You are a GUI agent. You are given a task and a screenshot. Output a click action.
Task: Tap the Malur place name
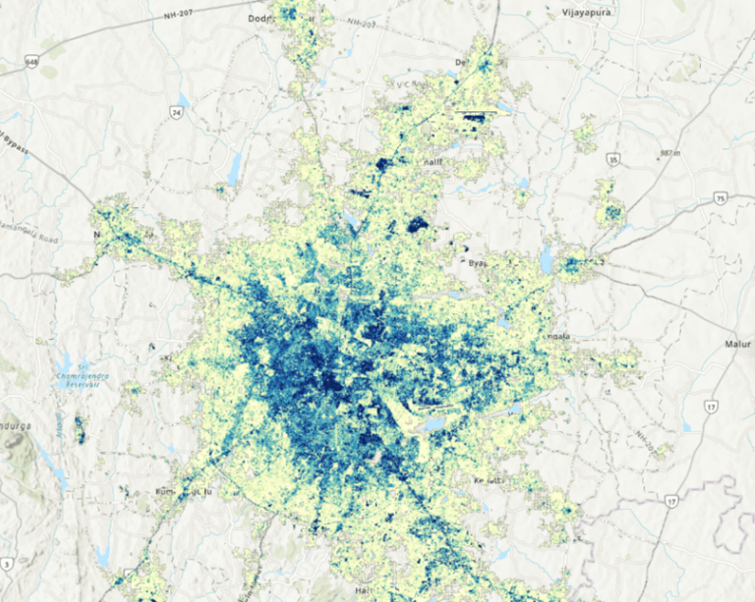[x=737, y=345]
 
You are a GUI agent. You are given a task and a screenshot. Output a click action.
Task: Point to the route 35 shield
[x=613, y=157]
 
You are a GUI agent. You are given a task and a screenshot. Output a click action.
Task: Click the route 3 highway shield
[x=8, y=563]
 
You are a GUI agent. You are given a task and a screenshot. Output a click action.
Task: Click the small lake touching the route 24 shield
[x=184, y=101]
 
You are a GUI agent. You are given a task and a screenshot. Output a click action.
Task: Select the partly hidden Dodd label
[x=261, y=18]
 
